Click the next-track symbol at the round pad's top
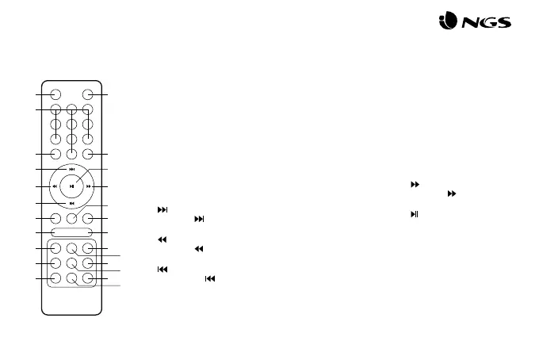[x=72, y=169]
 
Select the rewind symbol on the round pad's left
[x=54, y=187]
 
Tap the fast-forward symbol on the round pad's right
[x=90, y=187]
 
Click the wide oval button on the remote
[x=72, y=232]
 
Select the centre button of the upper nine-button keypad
[x=72, y=124]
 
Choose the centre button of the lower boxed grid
[x=72, y=263]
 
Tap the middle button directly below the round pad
[x=72, y=218]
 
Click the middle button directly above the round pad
[x=72, y=154]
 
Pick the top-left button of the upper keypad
[x=55, y=110]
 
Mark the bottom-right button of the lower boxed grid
[x=88, y=278]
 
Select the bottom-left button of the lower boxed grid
[x=56, y=278]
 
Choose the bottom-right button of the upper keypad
[x=88, y=139]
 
